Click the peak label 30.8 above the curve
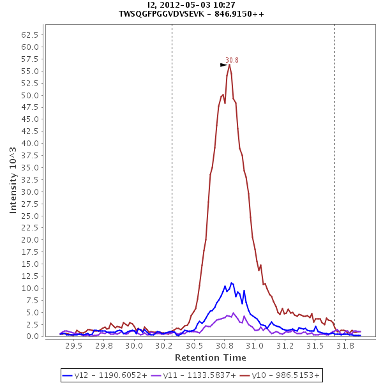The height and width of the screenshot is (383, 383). (232, 60)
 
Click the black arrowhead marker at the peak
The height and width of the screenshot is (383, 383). (223, 64)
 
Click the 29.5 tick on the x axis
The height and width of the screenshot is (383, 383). (74, 346)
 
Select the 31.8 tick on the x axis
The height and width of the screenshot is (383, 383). (345, 346)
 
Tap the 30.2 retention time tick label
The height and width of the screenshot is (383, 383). (164, 346)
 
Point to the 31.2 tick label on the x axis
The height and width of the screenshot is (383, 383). (285, 346)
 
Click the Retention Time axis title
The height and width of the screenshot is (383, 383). (210, 357)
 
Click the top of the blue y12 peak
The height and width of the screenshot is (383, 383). (232, 283)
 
